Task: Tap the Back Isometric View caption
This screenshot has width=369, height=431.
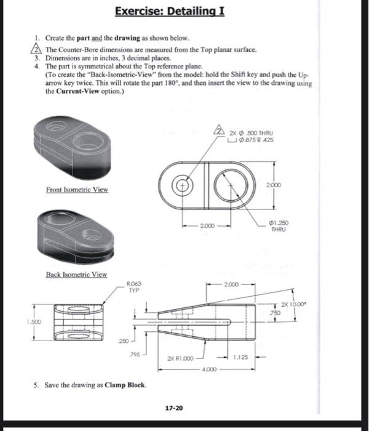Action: [76, 274]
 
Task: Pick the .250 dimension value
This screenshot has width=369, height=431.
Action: [124, 340]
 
